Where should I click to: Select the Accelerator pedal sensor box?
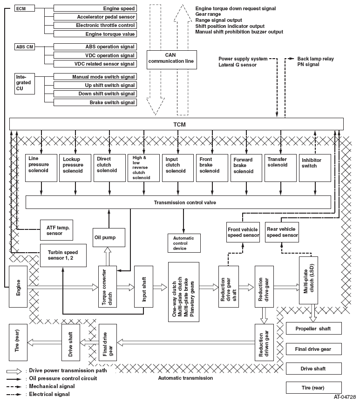point(95,17)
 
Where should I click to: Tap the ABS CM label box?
point(24,47)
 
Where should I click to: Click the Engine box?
point(18,287)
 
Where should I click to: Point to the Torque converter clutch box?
point(107,287)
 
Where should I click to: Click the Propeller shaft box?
point(313,329)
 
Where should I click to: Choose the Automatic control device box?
point(183,243)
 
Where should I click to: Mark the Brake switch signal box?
point(95,102)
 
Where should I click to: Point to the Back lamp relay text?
point(315,59)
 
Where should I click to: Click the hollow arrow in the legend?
point(15,371)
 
